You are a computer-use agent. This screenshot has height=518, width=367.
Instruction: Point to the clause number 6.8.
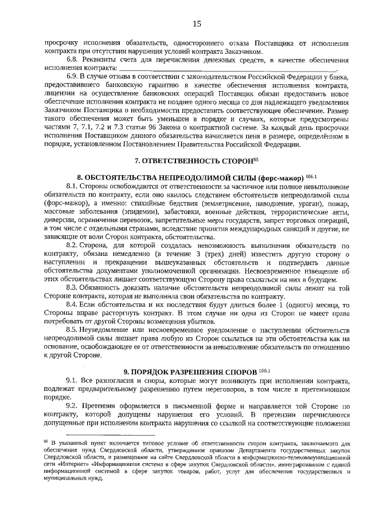(x=74, y=60)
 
